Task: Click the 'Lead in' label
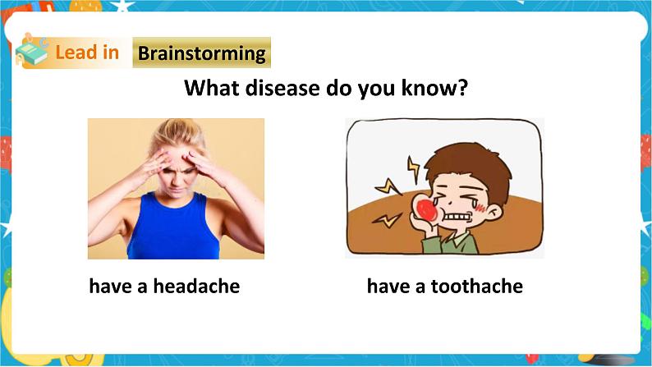[87, 53]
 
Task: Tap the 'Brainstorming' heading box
[201, 54]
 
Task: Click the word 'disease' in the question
[274, 88]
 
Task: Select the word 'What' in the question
[209, 88]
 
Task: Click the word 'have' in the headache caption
[108, 287]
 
